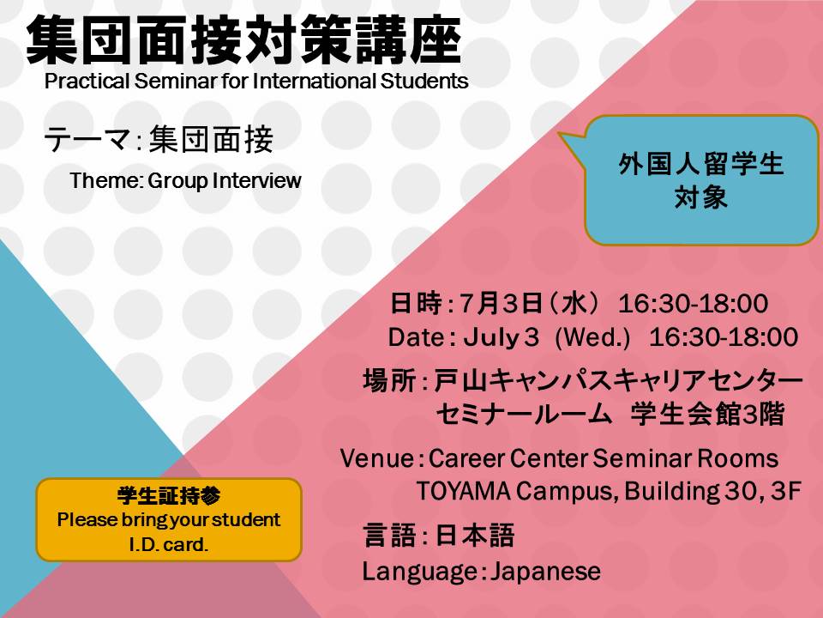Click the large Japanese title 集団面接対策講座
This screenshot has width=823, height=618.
(x=243, y=40)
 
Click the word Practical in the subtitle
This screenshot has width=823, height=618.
(x=87, y=81)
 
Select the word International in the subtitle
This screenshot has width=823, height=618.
(x=314, y=81)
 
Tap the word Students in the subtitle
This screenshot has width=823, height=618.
(x=424, y=81)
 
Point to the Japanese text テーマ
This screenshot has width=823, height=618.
(x=87, y=140)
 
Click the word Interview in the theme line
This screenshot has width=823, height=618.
(x=256, y=180)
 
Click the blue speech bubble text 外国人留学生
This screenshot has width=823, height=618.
(x=701, y=164)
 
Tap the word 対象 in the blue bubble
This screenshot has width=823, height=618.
(x=701, y=197)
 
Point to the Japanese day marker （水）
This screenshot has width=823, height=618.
(x=573, y=303)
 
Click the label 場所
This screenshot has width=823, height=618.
(x=389, y=380)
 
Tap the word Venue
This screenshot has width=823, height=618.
(x=377, y=458)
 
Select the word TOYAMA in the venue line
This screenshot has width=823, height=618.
(x=464, y=491)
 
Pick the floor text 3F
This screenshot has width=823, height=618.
(x=786, y=491)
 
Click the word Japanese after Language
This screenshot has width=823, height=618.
(x=545, y=572)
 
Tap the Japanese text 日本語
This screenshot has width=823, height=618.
(x=474, y=536)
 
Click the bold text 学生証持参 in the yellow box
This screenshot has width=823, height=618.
(x=169, y=495)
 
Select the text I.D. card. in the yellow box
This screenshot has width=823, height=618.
(x=169, y=544)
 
